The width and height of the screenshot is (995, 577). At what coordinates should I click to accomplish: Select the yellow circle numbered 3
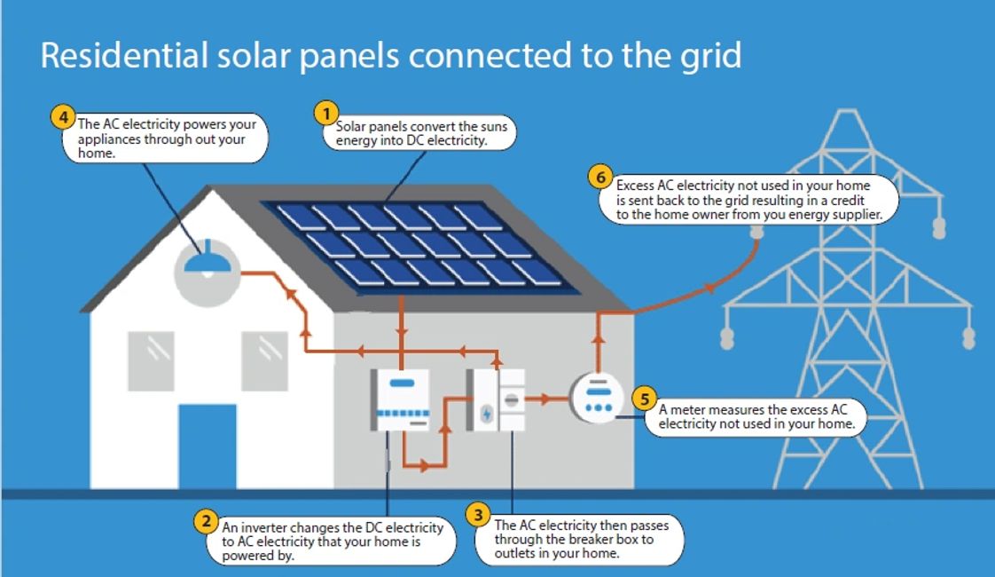point(478,514)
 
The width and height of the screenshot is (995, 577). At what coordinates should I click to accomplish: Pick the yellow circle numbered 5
point(645,399)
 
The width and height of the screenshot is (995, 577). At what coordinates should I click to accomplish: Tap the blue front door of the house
point(208,445)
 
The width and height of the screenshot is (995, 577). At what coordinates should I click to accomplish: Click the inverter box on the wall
point(399,399)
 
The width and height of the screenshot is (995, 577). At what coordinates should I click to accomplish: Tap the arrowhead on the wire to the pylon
point(709,288)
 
